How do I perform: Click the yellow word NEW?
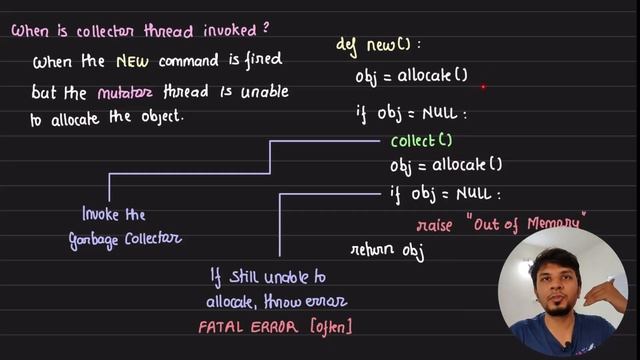(130, 62)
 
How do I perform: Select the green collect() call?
(421, 140)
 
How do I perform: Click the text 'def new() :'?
(378, 45)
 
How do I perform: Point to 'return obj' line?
(387, 251)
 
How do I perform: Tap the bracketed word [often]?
(332, 326)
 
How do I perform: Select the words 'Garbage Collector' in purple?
(125, 238)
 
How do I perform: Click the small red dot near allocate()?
(484, 87)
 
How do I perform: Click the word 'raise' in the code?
(437, 223)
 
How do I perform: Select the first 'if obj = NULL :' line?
(411, 113)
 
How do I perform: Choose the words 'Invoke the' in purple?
(113, 214)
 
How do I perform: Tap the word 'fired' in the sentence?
(262, 62)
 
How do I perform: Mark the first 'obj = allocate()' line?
(411, 75)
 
